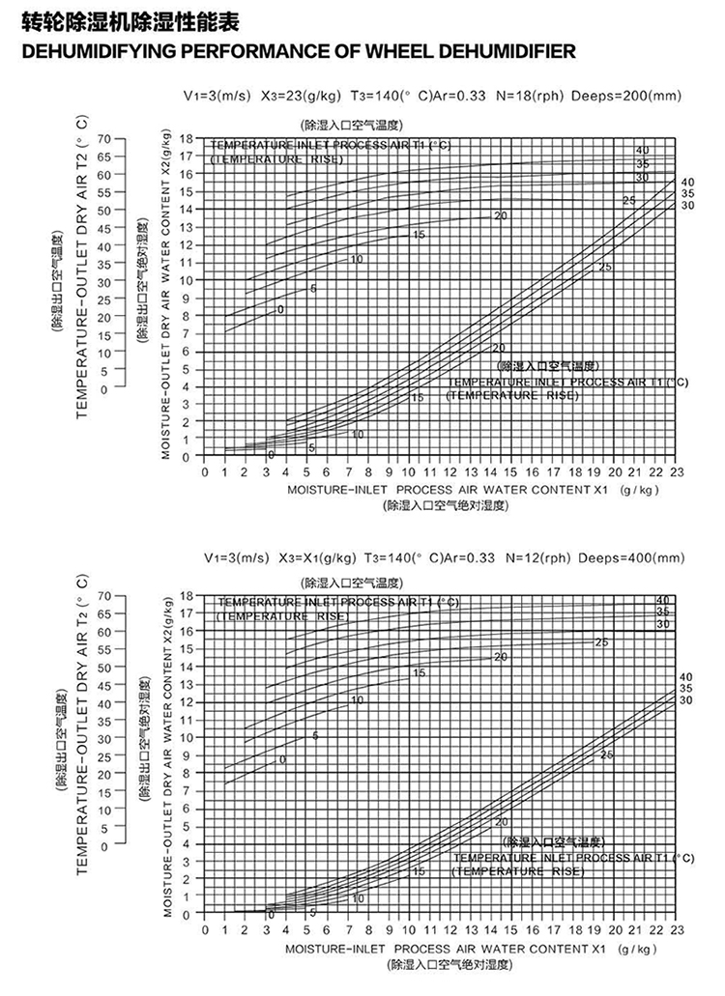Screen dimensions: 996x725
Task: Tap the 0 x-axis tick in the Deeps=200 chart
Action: point(205,471)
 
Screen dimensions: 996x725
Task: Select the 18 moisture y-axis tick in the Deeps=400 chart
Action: point(188,595)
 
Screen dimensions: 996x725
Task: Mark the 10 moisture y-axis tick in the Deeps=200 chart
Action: point(188,280)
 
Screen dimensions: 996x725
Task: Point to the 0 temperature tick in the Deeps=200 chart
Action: point(103,386)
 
